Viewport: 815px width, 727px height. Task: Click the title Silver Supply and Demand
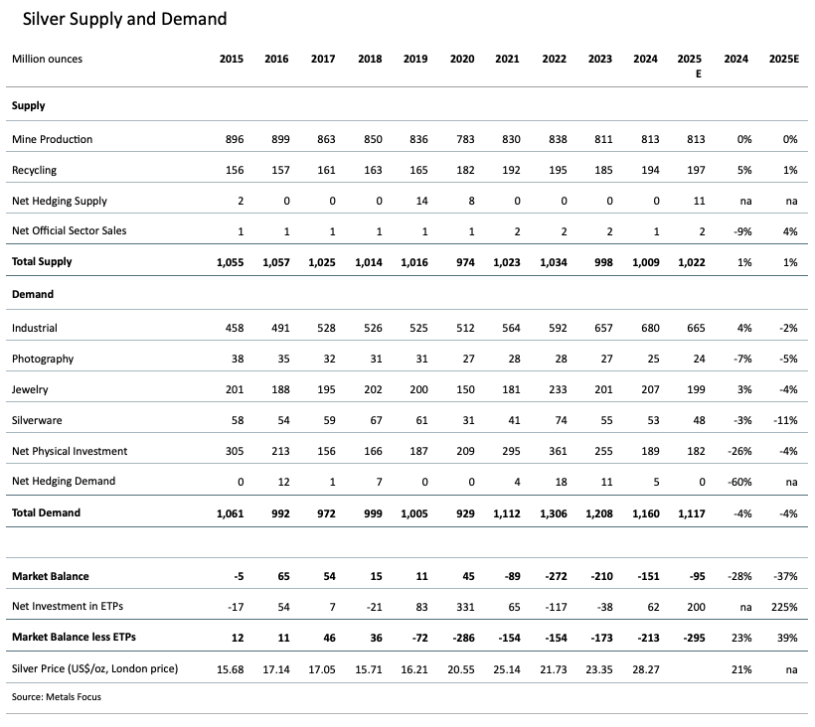125,19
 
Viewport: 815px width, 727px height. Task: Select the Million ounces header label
48,59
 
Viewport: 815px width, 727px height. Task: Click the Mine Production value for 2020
462,139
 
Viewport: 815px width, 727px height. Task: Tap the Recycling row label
35,170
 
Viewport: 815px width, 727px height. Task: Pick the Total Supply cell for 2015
230,262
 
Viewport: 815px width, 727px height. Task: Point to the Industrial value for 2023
599,328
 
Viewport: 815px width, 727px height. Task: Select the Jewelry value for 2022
555,389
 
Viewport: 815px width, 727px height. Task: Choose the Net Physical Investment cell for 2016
276,451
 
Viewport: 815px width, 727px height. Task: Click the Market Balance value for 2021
508,576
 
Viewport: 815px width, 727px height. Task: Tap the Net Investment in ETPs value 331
462,607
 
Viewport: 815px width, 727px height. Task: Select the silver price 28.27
645,668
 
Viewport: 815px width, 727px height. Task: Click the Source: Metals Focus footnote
57,697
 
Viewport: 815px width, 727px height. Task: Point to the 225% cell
785,607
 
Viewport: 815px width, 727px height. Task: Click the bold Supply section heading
29,105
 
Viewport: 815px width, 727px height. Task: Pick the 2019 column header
415,59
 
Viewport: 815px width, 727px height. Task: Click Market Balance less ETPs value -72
416,638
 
